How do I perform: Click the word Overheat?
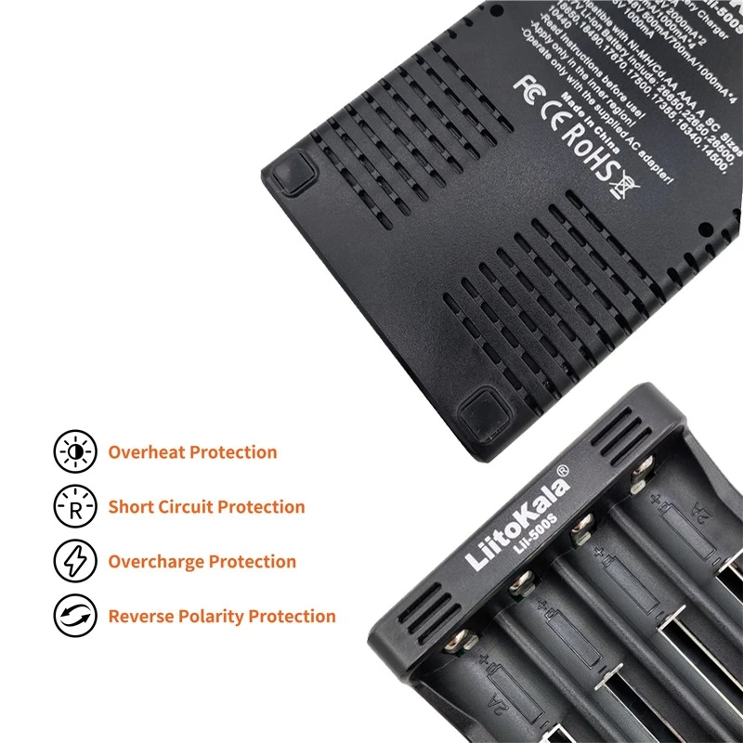pyautogui.click(x=147, y=452)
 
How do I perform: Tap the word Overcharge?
pyautogui.click(x=156, y=562)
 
